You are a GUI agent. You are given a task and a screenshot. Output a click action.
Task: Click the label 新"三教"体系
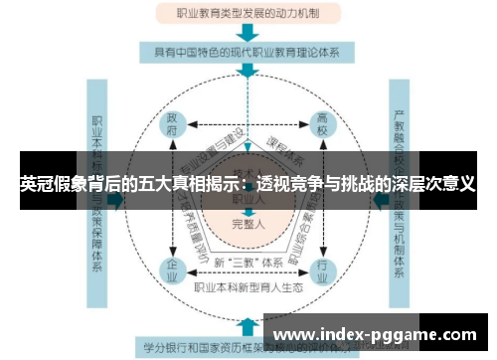[247, 262]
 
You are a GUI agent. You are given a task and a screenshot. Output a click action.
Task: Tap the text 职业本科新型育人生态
[247, 288]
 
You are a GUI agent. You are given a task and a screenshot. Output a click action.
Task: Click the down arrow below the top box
[248, 33]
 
